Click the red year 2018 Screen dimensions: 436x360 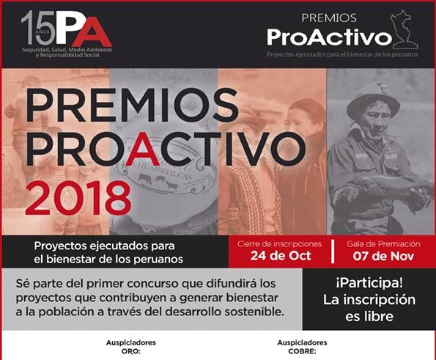tap(78, 198)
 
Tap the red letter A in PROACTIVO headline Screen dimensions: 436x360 tap(147, 148)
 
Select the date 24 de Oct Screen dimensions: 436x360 tap(281, 256)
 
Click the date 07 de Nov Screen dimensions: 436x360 tap(383, 256)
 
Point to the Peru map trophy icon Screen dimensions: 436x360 tap(404, 29)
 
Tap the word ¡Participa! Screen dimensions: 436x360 tap(369, 284)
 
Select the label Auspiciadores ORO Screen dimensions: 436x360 tap(130, 347)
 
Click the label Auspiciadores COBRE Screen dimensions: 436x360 tap(302, 347)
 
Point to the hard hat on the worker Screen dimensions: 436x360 tap(372, 98)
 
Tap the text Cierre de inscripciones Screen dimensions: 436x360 tap(279, 244)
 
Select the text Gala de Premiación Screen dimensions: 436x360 tap(383, 244)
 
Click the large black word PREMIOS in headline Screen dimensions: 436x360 tap(132, 105)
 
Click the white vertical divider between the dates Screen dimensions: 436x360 tap(333, 251)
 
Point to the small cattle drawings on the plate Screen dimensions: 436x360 tap(158, 181)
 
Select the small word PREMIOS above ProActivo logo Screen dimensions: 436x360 tap(329, 18)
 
